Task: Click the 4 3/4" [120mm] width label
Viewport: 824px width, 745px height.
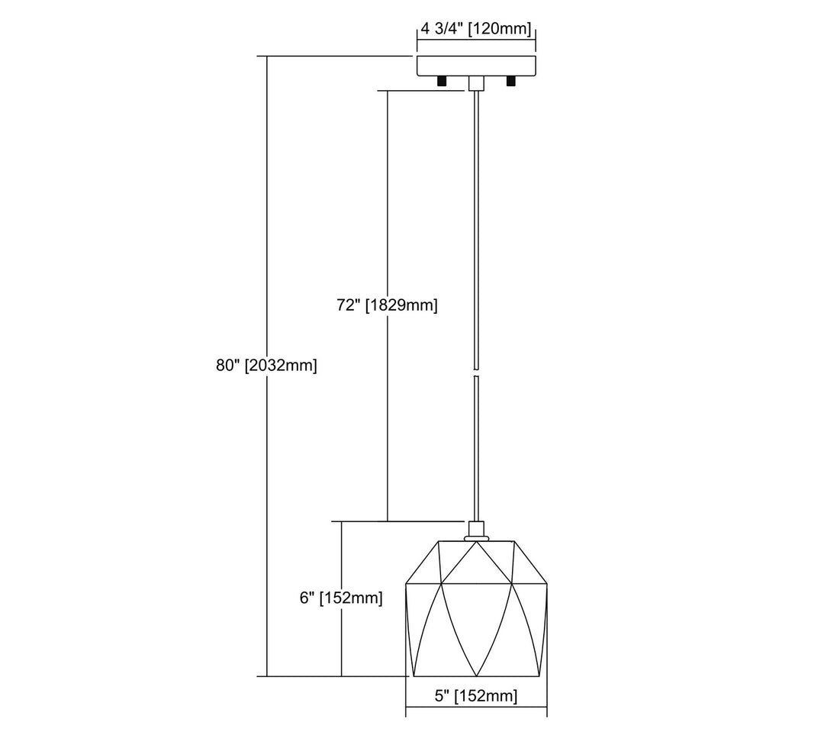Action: pos(475,30)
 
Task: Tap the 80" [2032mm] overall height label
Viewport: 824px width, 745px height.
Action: pos(266,366)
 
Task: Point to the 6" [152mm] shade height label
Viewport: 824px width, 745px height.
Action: pos(340,598)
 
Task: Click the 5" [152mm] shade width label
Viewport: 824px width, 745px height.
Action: pos(476,695)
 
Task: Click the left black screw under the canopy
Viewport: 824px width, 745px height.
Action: pos(441,81)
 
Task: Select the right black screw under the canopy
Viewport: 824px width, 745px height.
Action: pos(511,81)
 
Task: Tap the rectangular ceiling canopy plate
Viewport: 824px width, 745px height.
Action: pos(476,66)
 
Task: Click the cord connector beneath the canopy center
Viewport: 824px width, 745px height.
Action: pos(475,84)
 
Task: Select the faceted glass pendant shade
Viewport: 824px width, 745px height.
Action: pos(476,611)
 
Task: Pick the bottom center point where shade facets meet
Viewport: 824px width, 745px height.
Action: pos(476,676)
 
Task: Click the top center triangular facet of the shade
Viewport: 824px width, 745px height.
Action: pos(476,561)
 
